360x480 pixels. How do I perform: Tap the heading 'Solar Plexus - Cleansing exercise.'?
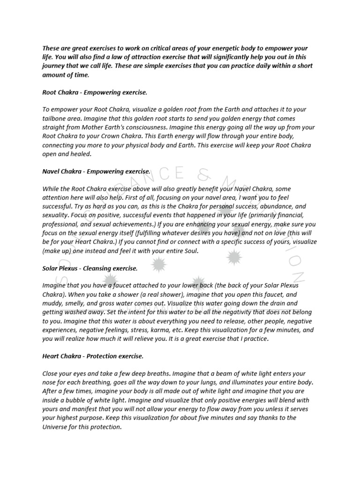[x=90, y=268]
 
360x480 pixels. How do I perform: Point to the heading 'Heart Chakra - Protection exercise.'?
[x=93, y=356]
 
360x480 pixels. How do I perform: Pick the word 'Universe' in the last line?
[x=57, y=427]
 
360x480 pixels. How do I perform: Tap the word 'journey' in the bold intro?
[x=54, y=66]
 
